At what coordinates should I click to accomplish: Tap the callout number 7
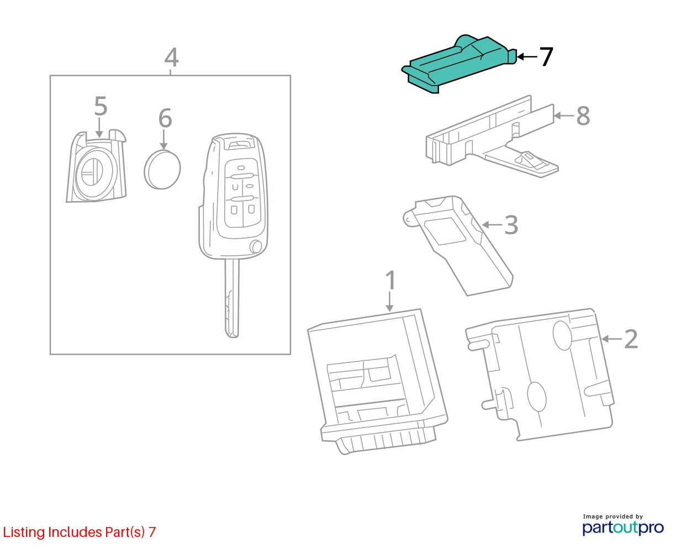(x=546, y=57)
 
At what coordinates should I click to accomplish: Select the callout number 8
(x=583, y=116)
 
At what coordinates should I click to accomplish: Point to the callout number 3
(x=511, y=225)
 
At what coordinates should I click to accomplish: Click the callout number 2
(x=631, y=339)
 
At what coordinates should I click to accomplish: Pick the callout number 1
(x=390, y=280)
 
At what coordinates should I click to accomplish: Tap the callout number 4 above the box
(x=171, y=57)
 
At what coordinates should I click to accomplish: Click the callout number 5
(x=101, y=106)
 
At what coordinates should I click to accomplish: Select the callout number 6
(x=165, y=118)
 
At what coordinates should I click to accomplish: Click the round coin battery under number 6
(x=162, y=170)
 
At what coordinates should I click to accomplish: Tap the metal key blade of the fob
(x=232, y=298)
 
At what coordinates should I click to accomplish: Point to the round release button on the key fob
(x=256, y=246)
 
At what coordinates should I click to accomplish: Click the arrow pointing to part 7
(x=527, y=57)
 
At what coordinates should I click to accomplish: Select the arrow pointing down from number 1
(x=390, y=302)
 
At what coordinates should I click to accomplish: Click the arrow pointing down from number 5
(x=99, y=128)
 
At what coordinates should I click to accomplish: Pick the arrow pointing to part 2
(x=611, y=339)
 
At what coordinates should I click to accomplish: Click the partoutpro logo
(x=623, y=528)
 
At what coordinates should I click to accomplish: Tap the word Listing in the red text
(x=24, y=533)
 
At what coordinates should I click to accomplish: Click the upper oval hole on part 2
(x=562, y=335)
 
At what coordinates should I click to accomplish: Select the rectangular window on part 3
(x=445, y=231)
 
